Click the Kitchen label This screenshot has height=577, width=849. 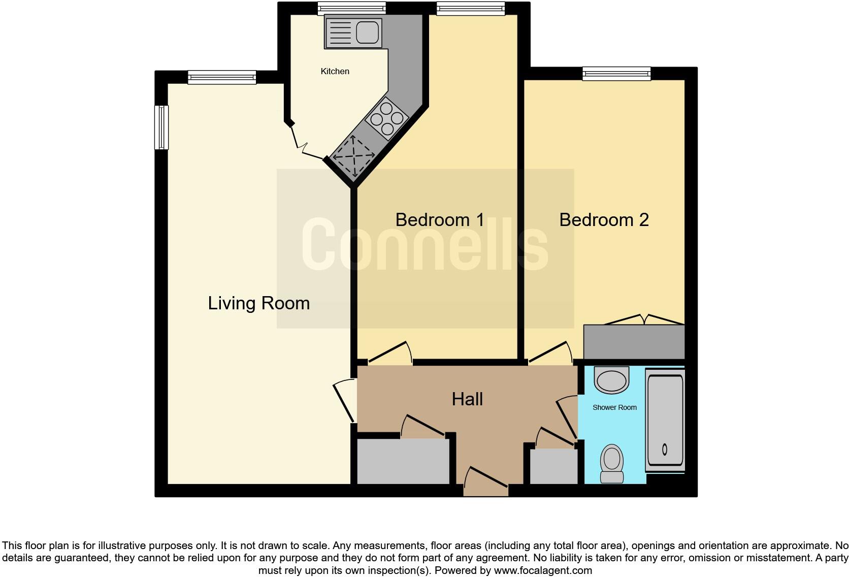coord(335,71)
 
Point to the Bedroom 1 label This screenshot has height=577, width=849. coord(440,220)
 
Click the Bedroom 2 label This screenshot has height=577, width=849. coord(604,220)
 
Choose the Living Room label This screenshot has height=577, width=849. coord(258,303)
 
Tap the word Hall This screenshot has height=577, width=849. coord(467,399)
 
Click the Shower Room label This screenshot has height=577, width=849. coord(614,407)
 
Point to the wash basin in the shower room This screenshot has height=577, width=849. coord(612,380)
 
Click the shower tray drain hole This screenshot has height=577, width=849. coord(665,449)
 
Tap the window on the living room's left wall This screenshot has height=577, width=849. coord(161,127)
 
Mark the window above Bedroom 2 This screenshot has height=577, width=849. coord(616,74)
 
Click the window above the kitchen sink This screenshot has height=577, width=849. coord(351,8)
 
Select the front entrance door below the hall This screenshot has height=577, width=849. coord(486,483)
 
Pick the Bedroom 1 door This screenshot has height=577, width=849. coord(389,354)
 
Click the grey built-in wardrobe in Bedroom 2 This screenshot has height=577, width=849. coord(634,342)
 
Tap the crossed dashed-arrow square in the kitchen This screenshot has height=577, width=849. coord(353,155)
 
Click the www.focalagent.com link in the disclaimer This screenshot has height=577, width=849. coord(542,570)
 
